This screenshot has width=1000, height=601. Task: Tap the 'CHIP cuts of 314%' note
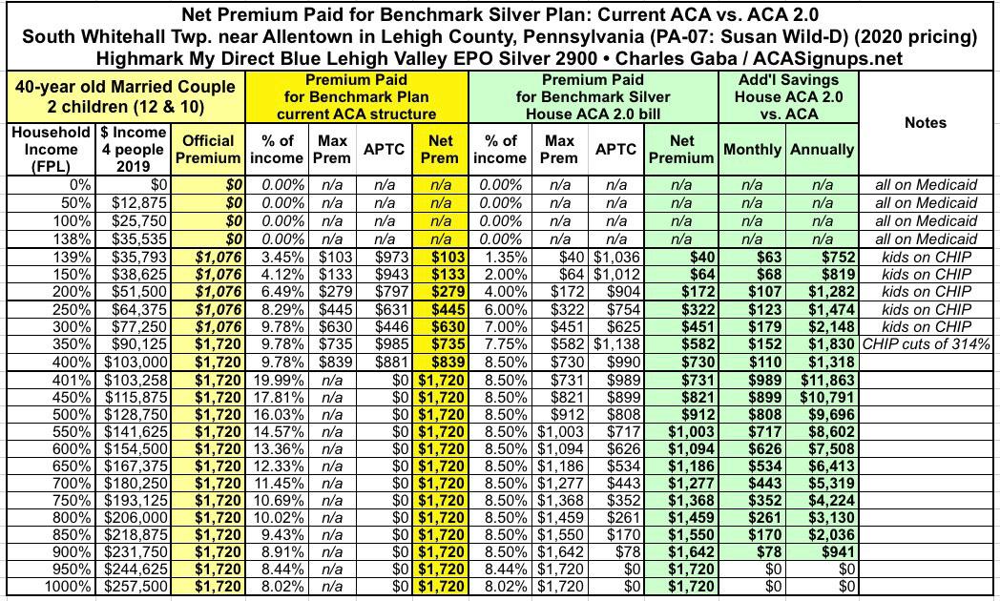[927, 342]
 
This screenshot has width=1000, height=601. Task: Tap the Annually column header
[822, 150]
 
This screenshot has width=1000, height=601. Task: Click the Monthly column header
[753, 150]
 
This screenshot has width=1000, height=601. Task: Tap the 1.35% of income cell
[498, 258]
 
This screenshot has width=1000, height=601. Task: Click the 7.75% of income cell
[498, 342]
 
